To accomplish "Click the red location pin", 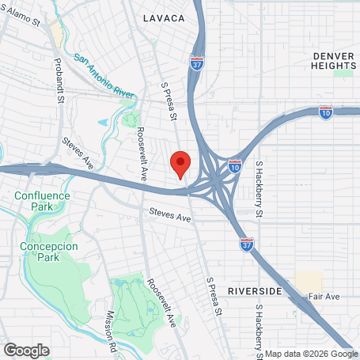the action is pyautogui.click(x=180, y=164).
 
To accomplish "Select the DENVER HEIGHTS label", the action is pyautogui.click(x=334, y=61).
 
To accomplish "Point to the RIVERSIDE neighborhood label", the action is pyautogui.click(x=255, y=291).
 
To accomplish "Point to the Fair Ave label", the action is pyautogui.click(x=324, y=297).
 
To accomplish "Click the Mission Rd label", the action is pyautogui.click(x=112, y=324).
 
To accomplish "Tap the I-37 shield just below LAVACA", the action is pyautogui.click(x=197, y=63).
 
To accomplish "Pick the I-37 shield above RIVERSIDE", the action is pyautogui.click(x=247, y=244).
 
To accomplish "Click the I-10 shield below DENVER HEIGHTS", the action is pyautogui.click(x=326, y=113).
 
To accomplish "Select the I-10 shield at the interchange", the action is pyautogui.click(x=235, y=166).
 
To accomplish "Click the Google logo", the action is pyautogui.click(x=26, y=350).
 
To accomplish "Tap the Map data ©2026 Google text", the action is pyautogui.click(x=311, y=354).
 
